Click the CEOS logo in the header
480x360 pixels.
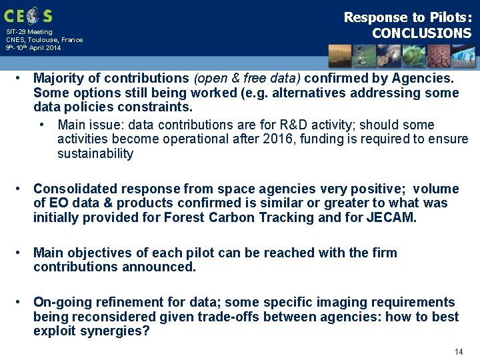tap(28, 15)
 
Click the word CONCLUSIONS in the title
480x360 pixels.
tap(421, 33)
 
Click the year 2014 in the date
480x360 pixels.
tap(53, 48)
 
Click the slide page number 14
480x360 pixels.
tap(458, 351)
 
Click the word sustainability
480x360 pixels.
tap(95, 154)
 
